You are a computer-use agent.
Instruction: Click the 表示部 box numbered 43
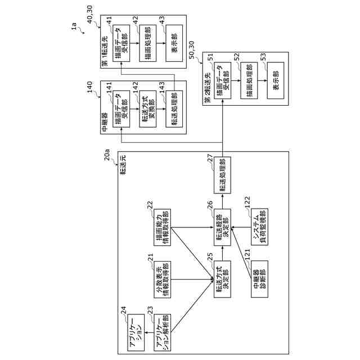(x=173, y=45)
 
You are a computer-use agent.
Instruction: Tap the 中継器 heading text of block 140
(x=105, y=123)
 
